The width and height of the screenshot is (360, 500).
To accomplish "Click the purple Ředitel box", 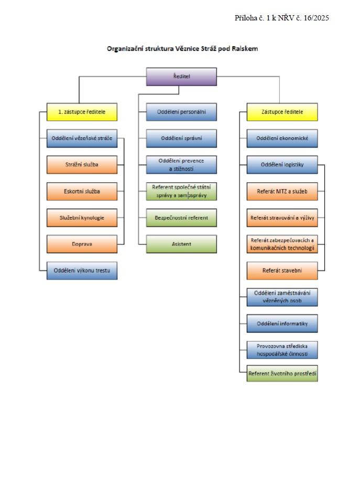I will (x=181, y=76).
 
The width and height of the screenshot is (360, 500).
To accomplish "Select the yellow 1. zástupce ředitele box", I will (x=82, y=112).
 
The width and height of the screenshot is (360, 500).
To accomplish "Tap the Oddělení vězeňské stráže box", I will (x=82, y=138).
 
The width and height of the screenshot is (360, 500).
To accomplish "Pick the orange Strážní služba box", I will (x=82, y=165).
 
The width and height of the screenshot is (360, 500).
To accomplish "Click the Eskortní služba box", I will (x=82, y=192).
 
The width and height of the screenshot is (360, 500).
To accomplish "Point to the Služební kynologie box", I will (x=82, y=218).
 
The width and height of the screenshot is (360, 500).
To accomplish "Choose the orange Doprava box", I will (x=82, y=244).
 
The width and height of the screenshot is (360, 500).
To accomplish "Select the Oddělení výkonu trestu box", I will (x=82, y=271).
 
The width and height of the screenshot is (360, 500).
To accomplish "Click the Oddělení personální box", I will (x=181, y=112).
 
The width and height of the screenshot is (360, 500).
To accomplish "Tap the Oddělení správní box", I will (x=181, y=138).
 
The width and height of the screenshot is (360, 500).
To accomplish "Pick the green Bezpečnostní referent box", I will (x=181, y=218).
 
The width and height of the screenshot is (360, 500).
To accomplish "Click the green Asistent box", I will (x=181, y=244).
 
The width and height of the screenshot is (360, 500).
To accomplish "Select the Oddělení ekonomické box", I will (x=282, y=138).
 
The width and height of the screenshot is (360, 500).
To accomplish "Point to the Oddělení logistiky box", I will (x=282, y=165).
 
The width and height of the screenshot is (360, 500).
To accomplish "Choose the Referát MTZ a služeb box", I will (x=282, y=192).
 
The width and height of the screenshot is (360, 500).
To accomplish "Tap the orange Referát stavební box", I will (x=282, y=271).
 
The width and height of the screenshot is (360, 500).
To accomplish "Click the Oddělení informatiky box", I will (x=282, y=324).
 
